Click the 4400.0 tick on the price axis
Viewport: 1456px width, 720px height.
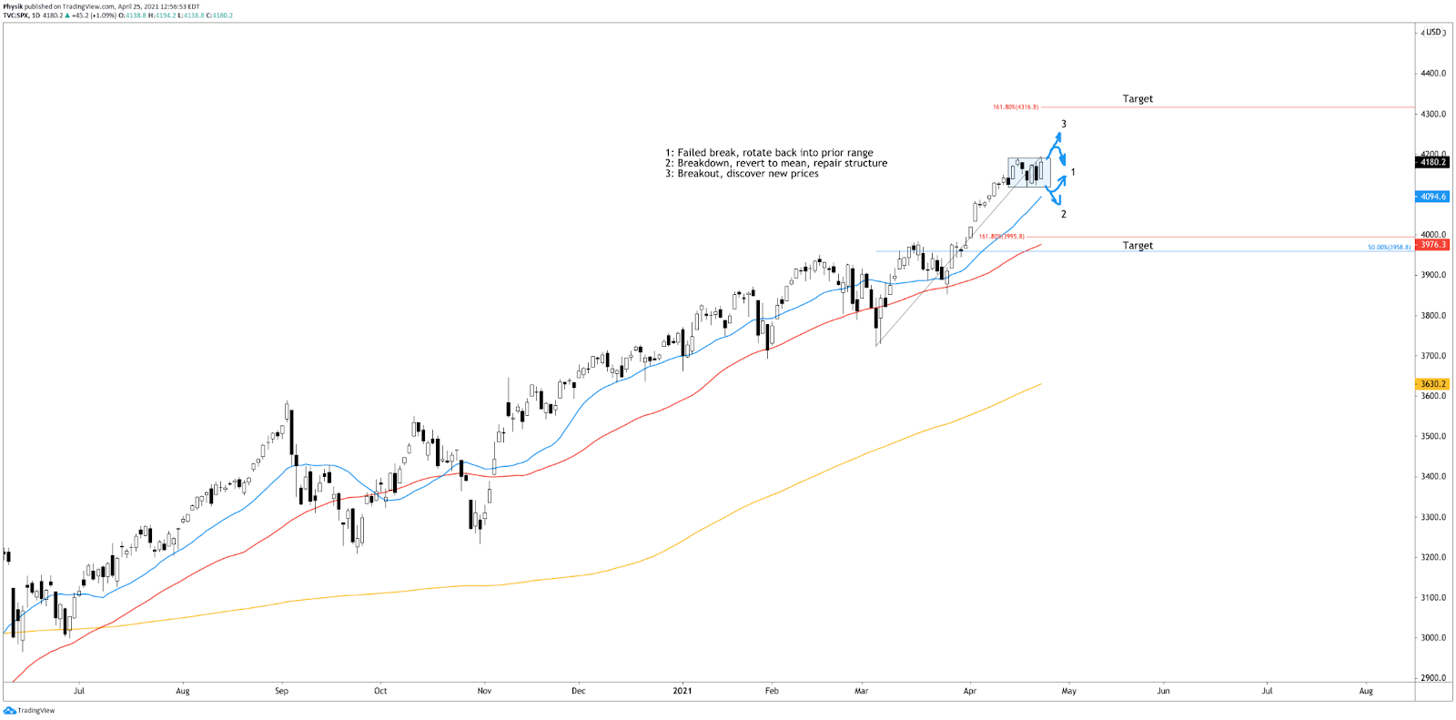coord(1433,74)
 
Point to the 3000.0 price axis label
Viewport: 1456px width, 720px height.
coord(1433,638)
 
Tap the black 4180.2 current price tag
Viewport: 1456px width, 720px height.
coord(1432,162)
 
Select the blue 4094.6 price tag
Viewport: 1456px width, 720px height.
coord(1432,197)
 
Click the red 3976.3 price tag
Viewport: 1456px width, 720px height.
coord(1432,245)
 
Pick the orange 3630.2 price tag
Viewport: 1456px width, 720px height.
coord(1432,384)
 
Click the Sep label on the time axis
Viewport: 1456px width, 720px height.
coord(281,691)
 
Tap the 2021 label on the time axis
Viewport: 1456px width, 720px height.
coord(682,691)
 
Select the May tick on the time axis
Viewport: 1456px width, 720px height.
coord(1068,691)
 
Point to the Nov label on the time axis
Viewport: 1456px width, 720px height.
coord(484,691)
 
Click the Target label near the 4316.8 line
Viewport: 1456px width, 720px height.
coord(1137,99)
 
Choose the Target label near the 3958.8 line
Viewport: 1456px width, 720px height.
coord(1137,246)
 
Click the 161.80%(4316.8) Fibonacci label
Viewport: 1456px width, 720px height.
coord(1015,107)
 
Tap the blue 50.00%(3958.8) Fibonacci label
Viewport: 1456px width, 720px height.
coord(1389,248)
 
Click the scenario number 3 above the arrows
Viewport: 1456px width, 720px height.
coord(1063,125)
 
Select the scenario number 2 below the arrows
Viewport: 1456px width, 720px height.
coord(1063,215)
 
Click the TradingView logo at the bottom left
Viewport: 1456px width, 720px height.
coord(29,711)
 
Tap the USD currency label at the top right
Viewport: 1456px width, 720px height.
coord(1434,33)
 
